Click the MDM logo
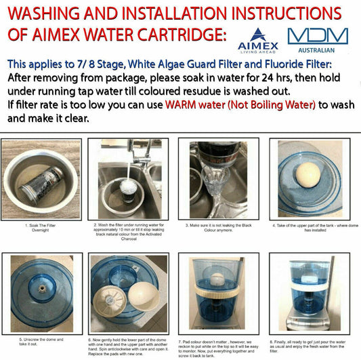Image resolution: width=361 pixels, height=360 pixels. pos(317,37)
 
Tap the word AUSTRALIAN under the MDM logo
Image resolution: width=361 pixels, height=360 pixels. pos(317,52)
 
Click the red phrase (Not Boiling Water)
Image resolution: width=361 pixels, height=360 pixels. pos(272,104)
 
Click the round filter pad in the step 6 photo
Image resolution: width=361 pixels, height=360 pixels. pos(112,298)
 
